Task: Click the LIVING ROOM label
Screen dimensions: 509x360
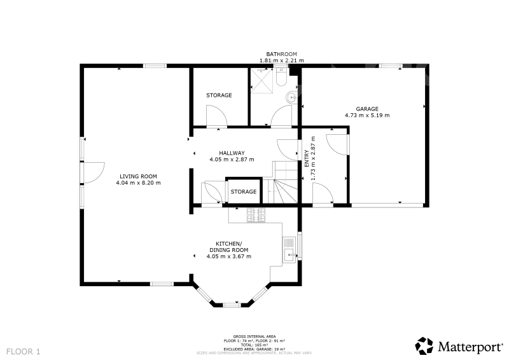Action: (138, 176)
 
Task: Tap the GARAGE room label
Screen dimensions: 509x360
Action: (367, 109)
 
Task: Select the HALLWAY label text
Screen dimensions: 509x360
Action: (232, 153)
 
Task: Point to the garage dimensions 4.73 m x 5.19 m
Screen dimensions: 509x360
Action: (367, 115)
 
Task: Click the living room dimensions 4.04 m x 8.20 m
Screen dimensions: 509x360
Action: (138, 183)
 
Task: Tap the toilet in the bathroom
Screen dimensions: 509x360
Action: (281, 77)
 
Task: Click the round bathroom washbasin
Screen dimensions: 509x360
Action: (291, 97)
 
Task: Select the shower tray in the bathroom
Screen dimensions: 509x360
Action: (261, 81)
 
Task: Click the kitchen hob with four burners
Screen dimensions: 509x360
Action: (256, 215)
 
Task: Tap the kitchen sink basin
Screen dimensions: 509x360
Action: (289, 256)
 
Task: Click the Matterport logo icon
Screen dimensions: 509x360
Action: (424, 346)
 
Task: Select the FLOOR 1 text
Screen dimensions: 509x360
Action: (24, 352)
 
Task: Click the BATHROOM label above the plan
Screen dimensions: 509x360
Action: (281, 54)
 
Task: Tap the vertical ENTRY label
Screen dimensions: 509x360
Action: (307, 159)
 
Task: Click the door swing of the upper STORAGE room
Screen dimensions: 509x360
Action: (217, 115)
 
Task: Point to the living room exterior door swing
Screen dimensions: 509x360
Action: (94, 173)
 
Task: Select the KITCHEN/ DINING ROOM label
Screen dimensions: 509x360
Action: (229, 247)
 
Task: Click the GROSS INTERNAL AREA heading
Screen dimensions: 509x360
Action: (254, 336)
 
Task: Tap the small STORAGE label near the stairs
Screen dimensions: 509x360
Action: (244, 191)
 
